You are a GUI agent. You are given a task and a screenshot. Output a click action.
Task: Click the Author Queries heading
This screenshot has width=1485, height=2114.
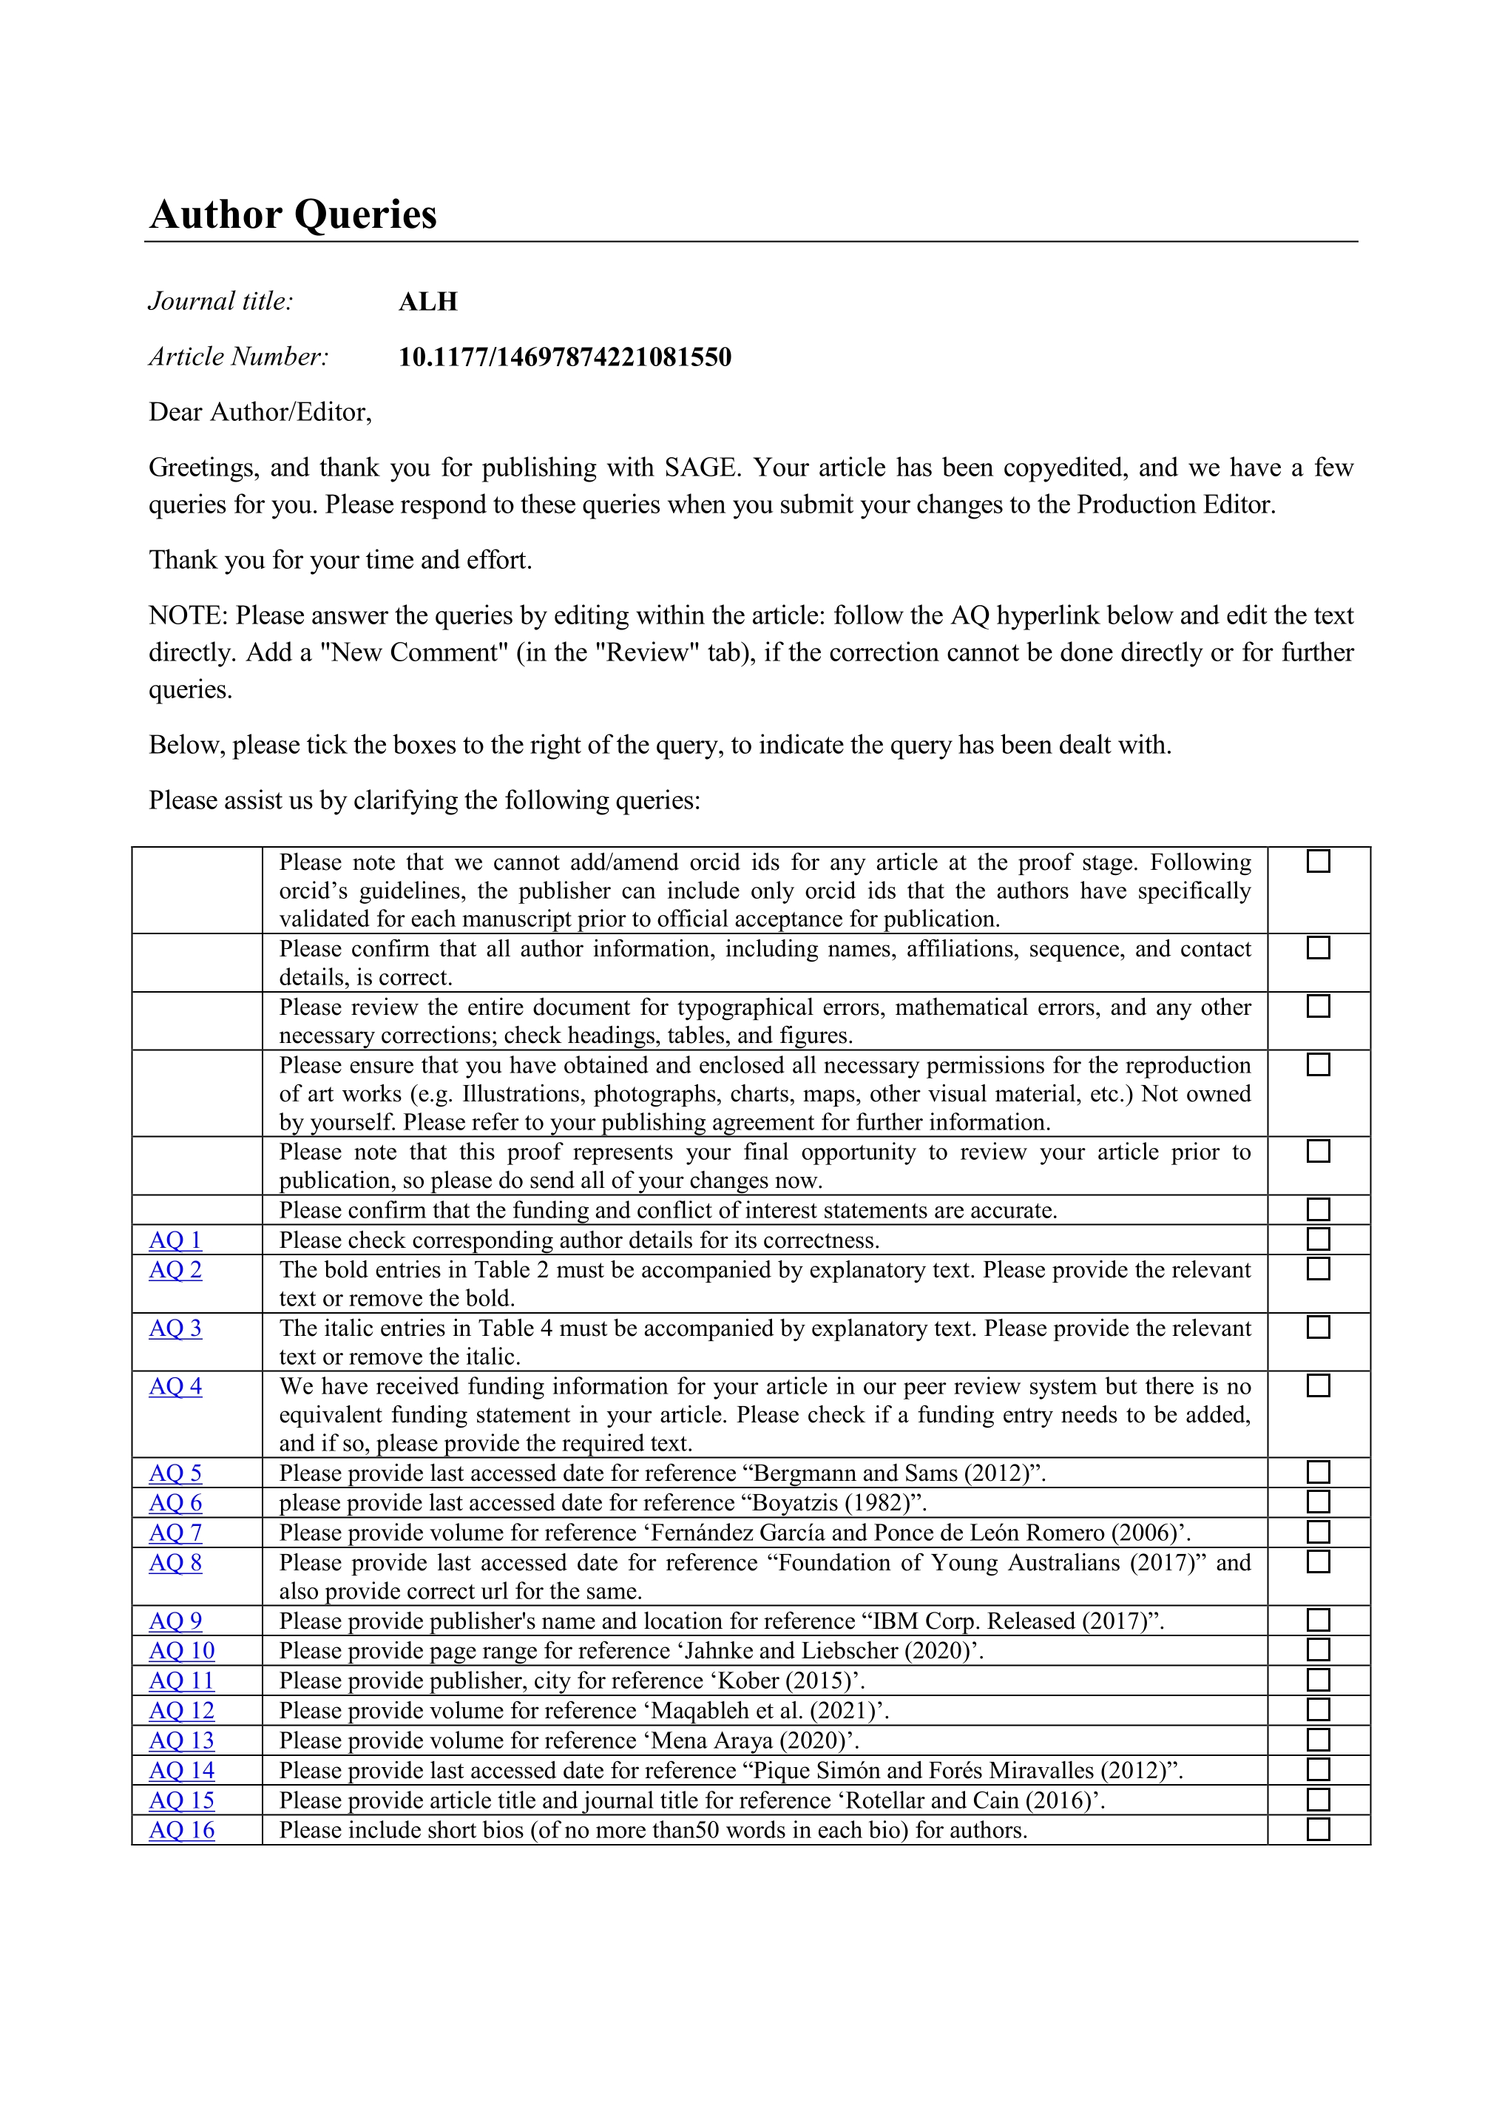293,215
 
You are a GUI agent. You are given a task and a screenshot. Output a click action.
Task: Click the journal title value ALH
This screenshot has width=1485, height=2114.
428,302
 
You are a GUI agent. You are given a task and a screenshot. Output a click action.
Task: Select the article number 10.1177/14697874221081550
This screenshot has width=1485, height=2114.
564,357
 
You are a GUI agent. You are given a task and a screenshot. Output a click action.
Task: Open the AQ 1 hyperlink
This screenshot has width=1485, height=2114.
175,1240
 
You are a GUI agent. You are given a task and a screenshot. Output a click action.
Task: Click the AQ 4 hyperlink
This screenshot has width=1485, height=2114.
175,1387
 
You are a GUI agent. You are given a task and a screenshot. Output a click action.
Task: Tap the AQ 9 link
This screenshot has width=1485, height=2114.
175,1621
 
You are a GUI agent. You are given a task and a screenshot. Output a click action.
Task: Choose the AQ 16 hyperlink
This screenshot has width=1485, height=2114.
181,1831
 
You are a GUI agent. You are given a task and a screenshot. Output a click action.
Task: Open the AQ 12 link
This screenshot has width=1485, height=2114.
181,1711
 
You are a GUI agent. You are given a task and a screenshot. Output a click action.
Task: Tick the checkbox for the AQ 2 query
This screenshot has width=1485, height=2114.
1319,1269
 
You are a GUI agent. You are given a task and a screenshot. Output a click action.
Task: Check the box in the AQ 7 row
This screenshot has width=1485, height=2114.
1319,1532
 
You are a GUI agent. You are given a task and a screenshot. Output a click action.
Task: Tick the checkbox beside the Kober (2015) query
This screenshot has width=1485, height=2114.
1319,1681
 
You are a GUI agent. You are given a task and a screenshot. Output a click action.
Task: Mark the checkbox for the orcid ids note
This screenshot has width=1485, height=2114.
1319,861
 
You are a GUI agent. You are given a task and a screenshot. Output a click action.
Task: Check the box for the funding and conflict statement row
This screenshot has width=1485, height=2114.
1319,1209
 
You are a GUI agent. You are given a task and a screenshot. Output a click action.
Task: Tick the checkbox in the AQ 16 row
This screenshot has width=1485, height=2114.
1319,1829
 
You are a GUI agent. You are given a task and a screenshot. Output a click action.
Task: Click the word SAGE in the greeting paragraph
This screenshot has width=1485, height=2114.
700,467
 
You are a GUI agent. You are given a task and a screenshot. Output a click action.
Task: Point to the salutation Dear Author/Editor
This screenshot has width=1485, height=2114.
260,413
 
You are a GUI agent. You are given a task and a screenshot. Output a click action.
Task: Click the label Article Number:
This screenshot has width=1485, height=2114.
238,357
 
